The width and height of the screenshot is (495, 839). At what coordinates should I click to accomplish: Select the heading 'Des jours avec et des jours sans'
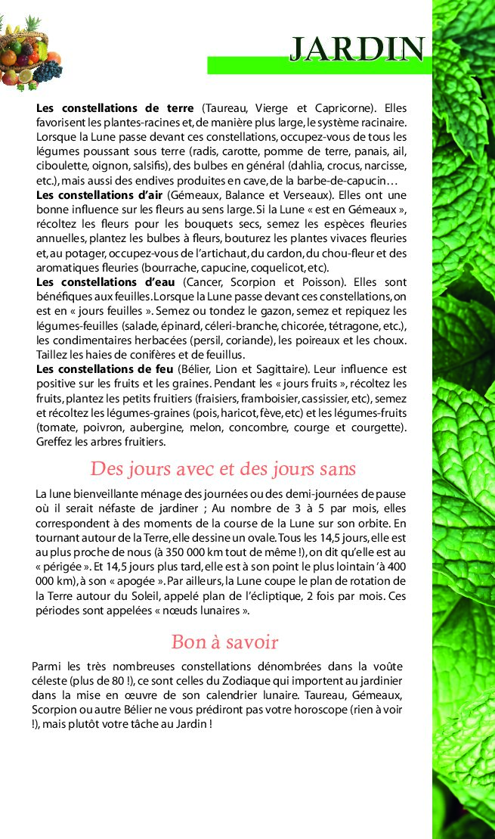click(x=223, y=468)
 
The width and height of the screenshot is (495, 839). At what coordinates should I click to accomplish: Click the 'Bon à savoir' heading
click(x=224, y=642)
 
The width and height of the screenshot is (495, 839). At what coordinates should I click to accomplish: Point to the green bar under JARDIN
click(x=317, y=66)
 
